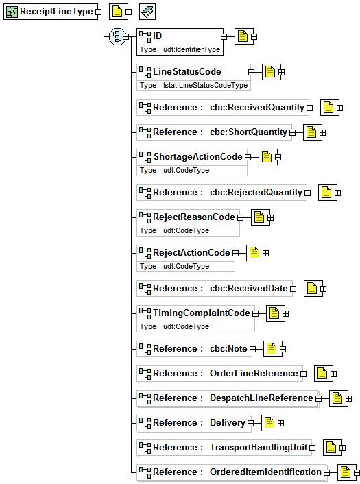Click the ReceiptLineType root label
(56, 12)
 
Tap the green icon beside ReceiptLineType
(12, 12)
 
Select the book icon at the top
(147, 12)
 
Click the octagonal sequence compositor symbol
(118, 36)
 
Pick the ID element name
(157, 36)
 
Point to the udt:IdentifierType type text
(192, 49)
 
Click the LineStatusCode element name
(187, 71)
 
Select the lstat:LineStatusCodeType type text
(205, 85)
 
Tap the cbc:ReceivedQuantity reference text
(257, 107)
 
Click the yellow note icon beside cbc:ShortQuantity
(311, 132)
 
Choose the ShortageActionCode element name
(197, 156)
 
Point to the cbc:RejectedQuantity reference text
(256, 193)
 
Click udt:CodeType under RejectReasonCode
(187, 230)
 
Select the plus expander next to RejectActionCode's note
(265, 253)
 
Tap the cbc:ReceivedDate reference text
(249, 288)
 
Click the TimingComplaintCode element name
(202, 313)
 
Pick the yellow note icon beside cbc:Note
(272, 349)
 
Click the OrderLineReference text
(254, 373)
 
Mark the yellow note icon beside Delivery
(269, 422)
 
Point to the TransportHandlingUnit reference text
(259, 447)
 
